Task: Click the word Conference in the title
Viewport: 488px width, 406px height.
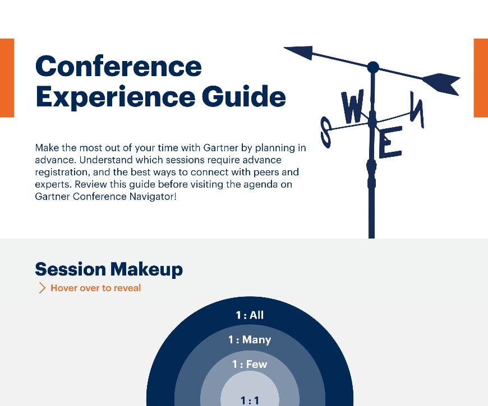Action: pyautogui.click(x=118, y=67)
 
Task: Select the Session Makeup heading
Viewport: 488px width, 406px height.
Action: pyautogui.click(x=109, y=269)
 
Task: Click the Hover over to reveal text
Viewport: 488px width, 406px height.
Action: pyautogui.click(x=96, y=288)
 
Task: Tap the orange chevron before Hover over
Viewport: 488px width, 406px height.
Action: pyautogui.click(x=42, y=288)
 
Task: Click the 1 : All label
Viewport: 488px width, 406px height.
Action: pyautogui.click(x=250, y=315)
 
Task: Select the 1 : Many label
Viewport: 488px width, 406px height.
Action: pyautogui.click(x=250, y=340)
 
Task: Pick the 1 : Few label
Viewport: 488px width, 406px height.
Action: pyautogui.click(x=250, y=365)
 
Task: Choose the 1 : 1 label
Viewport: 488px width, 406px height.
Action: pyautogui.click(x=250, y=400)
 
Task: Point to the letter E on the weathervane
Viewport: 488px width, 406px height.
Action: pyautogui.click(x=390, y=143)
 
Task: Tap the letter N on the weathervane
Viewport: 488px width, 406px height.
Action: pyautogui.click(x=416, y=109)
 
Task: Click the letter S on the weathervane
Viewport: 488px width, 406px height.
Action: pyautogui.click(x=326, y=130)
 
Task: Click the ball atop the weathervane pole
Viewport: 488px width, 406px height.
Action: pyautogui.click(x=373, y=68)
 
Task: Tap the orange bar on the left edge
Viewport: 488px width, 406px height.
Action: pyautogui.click(x=7, y=78)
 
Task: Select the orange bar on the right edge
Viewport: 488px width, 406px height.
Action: pyautogui.click(x=481, y=78)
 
